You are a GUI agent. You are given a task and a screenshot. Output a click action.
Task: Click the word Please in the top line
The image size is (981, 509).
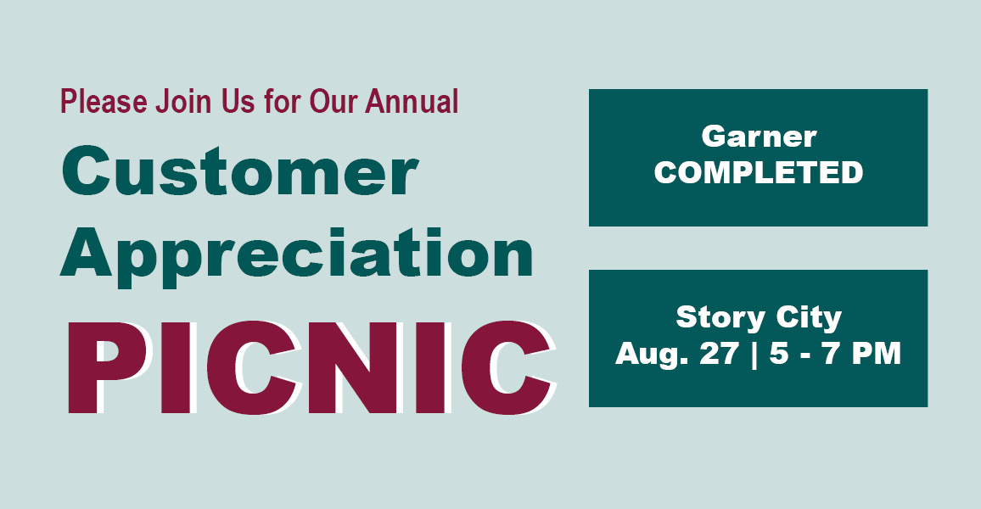[x=104, y=101]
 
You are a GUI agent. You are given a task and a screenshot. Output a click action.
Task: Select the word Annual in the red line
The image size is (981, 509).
[x=412, y=101]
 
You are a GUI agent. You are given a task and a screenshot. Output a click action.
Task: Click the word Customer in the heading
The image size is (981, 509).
[x=239, y=171]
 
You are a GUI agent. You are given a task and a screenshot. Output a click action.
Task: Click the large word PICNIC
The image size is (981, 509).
[x=311, y=367]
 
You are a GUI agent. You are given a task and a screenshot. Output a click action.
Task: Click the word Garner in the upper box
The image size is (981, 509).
[x=759, y=137]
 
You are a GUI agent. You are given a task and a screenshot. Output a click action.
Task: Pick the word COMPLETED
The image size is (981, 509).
[x=759, y=172]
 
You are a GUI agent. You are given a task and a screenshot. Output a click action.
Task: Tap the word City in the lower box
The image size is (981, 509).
[x=809, y=318]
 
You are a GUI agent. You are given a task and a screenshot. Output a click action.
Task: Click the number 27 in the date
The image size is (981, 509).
[x=720, y=353]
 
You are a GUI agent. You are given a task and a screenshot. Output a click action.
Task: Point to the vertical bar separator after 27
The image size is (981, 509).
[x=754, y=355]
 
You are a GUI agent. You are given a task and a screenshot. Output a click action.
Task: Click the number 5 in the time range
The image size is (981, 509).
[x=779, y=353]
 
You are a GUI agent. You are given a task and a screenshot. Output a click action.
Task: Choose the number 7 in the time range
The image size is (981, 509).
[x=831, y=353]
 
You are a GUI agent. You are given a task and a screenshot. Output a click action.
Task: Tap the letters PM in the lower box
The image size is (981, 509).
[x=876, y=353]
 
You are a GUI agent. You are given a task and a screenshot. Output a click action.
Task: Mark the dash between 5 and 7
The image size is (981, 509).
[x=805, y=356]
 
